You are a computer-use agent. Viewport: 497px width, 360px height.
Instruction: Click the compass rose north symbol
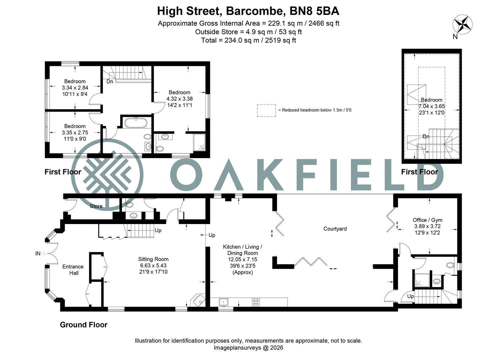coord(462,24)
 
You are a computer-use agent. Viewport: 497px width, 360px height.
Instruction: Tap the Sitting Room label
coord(153,259)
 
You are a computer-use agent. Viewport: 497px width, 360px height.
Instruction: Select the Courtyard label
coord(335,229)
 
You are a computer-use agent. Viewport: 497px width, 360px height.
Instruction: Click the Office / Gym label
coord(427,220)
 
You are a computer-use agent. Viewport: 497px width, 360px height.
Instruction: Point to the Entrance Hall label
coord(73,270)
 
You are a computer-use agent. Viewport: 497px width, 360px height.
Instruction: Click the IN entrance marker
coord(38,253)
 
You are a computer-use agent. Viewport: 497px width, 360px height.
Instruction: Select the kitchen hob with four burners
coord(256,302)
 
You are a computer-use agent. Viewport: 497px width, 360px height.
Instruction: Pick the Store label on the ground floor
coord(96,206)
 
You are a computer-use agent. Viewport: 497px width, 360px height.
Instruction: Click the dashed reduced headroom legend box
coord(266,110)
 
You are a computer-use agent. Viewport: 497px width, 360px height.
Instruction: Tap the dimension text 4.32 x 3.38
coord(179,99)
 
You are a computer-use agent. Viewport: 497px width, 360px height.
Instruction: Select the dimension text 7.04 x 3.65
coord(432,106)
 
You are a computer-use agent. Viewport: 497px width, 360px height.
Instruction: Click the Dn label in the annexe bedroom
coord(426,137)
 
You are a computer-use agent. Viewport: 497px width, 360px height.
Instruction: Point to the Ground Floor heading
coord(84,325)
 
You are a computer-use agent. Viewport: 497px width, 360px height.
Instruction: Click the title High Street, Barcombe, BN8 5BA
coord(248,11)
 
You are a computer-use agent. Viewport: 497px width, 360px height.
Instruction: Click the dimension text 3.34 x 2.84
coord(75,88)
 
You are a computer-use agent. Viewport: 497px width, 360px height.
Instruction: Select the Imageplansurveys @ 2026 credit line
coord(248,348)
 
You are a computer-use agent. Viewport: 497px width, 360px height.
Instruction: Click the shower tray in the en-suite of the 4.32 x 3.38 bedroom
coord(199,142)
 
